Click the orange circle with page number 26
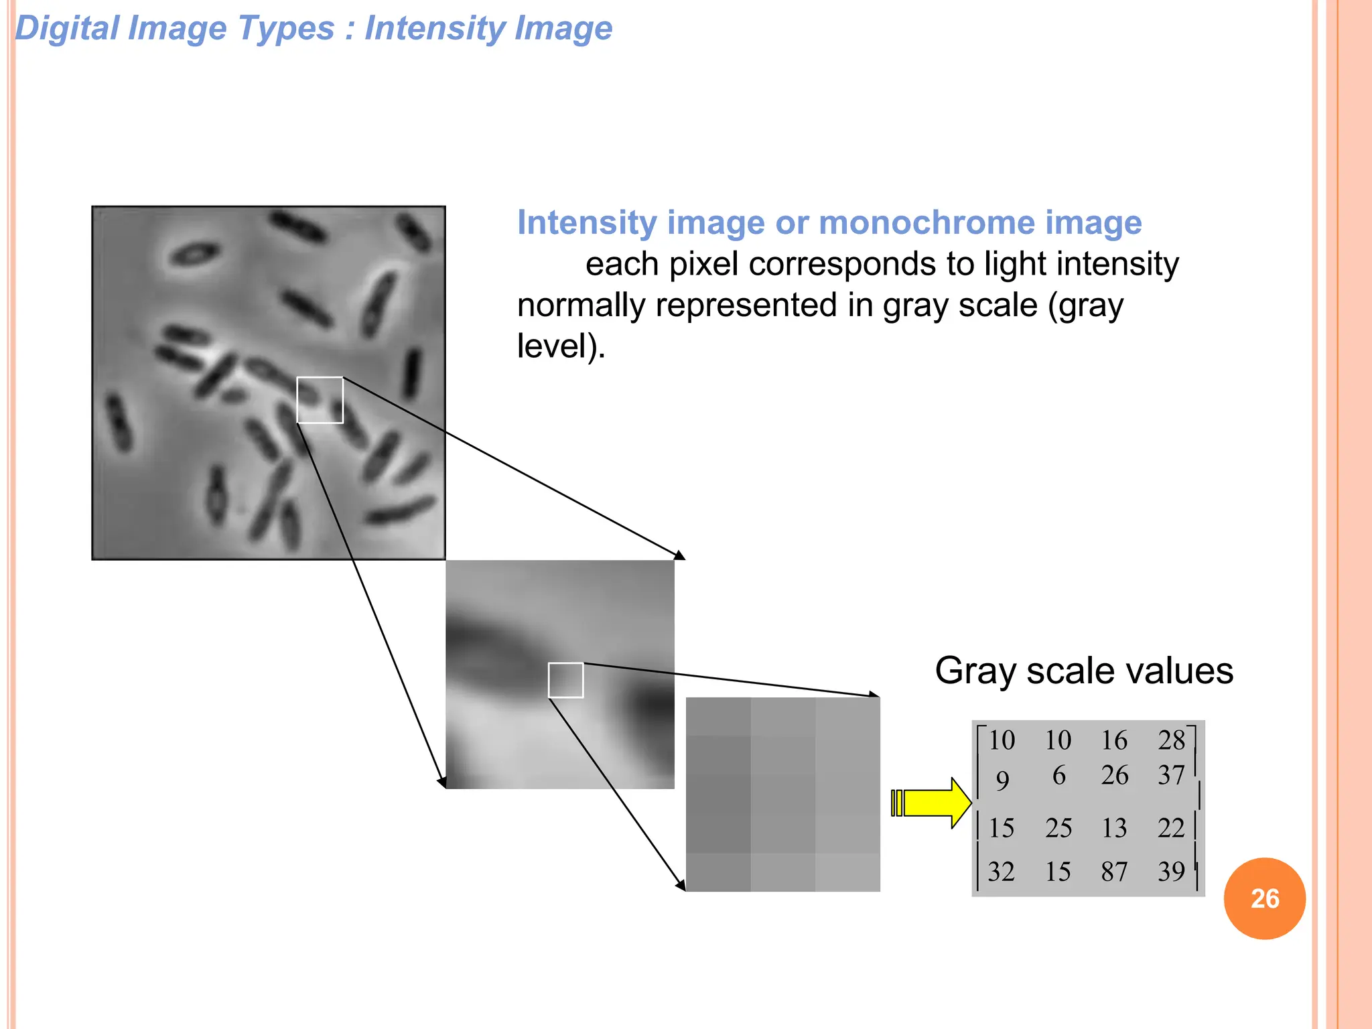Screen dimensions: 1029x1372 pos(1264,898)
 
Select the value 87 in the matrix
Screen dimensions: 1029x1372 pos(1114,872)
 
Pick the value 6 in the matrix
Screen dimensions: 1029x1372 pos(1058,775)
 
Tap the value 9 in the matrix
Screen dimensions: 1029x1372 pos(1002,780)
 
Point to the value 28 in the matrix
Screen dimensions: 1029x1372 pos(1171,740)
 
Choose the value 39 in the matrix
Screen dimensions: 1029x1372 pos(1171,872)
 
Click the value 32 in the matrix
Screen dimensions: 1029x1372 pos(1002,872)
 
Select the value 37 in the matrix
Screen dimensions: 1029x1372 pos(1171,775)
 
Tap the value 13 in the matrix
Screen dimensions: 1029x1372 pos(1114,828)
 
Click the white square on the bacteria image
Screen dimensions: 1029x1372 pos(320,400)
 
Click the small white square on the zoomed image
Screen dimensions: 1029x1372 pos(565,680)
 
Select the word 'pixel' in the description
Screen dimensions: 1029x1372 pos(704,264)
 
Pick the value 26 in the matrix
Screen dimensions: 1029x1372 pos(1114,775)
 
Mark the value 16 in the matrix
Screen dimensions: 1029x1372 pos(1114,740)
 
